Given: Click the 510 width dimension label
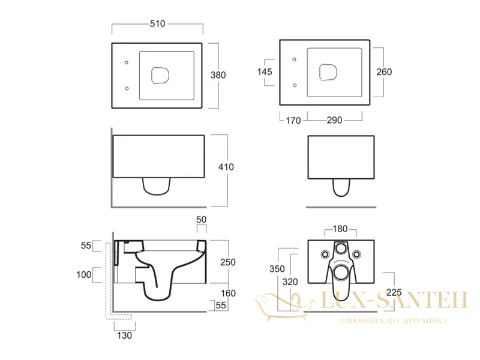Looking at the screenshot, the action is pos(157,23).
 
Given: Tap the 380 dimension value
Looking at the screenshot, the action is pos(218,75).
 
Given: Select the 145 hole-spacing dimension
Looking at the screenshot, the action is pos(265,72).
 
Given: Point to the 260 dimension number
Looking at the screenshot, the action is pos(384,72).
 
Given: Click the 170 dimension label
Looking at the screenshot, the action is pos(293,121).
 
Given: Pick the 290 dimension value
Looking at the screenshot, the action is pos(334,120).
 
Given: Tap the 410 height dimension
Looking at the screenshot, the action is pos(226,167).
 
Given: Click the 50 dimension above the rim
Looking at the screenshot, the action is pos(202,220).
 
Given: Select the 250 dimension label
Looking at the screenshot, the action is pos(228,262).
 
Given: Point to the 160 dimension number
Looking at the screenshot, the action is pos(228,293).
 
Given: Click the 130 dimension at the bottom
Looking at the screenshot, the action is pos(124,335).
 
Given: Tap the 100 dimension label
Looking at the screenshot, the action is pos(84,275).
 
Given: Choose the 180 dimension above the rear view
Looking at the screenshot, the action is pos(340,229).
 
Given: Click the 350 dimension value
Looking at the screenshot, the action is pos(277,269).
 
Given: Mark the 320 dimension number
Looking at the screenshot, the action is pos(290,281).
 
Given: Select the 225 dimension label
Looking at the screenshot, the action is pos(394,293).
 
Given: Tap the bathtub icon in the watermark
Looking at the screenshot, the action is pos(283,306).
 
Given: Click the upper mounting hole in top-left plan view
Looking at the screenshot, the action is pos(127,63).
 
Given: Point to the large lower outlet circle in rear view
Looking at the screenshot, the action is pos(341,272).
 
